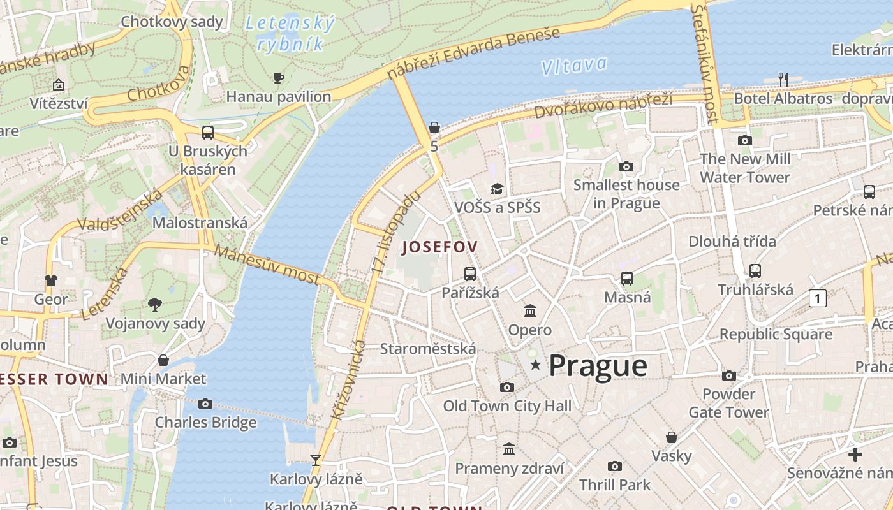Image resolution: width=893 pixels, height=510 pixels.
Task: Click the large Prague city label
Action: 598,366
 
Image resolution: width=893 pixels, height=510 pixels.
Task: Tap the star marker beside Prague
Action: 536,365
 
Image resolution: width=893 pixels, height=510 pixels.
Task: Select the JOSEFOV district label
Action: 439,247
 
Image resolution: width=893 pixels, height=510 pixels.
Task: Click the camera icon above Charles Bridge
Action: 205,404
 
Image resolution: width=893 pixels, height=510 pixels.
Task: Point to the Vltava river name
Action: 573,65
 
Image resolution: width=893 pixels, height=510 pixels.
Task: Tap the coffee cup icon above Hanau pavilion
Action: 279,78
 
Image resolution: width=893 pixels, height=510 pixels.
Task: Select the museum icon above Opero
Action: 530,311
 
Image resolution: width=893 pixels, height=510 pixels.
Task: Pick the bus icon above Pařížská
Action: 470,274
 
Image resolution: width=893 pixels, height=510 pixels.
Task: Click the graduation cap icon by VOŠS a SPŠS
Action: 497,189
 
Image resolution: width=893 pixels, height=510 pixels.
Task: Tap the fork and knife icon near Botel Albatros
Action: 783,80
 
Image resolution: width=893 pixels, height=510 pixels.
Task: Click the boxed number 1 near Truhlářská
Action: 818,298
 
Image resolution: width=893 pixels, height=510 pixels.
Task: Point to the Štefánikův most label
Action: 705,64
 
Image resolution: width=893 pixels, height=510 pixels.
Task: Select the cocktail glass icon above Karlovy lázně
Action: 315,460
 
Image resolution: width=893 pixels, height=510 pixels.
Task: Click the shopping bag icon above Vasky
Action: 672,437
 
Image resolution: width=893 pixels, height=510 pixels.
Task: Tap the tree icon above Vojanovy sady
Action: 155,304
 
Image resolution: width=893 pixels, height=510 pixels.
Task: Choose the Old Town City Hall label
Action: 507,405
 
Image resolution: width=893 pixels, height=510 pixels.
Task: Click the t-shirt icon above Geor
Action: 51,280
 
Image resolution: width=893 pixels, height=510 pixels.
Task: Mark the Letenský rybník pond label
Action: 290,34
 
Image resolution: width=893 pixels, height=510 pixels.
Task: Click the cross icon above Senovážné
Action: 855,455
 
